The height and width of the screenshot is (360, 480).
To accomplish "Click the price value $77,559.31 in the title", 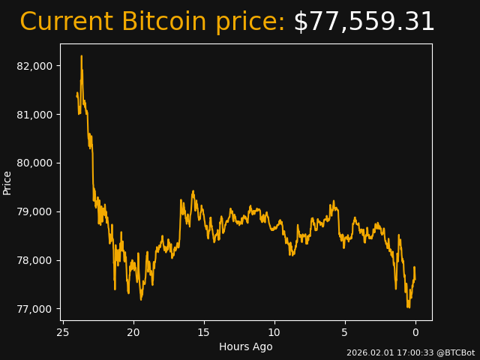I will [x=364, y=22].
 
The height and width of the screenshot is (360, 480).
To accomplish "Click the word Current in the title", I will [x=66, y=22].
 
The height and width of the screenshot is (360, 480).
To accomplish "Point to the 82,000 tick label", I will [x=34, y=66].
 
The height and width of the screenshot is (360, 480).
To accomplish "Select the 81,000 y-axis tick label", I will [x=34, y=115].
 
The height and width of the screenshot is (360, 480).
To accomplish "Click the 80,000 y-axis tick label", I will [x=34, y=163].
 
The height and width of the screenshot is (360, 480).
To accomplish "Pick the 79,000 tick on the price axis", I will [x=34, y=212].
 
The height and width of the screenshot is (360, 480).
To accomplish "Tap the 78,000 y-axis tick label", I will [x=34, y=261].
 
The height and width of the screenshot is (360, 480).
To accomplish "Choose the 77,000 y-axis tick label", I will [x=34, y=309].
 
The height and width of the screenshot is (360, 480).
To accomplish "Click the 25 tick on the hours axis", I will [x=63, y=332].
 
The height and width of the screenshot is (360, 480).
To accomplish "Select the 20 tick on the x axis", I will [x=133, y=332].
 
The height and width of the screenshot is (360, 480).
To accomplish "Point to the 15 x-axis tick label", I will [x=204, y=332].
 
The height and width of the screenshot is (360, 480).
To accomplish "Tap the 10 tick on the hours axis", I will [x=274, y=332].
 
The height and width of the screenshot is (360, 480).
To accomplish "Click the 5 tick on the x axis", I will [x=345, y=332].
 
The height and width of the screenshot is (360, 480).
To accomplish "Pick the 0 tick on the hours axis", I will [x=415, y=332].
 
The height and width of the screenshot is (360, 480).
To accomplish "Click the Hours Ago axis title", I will [x=246, y=346].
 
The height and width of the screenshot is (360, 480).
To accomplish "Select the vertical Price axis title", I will [x=7, y=182].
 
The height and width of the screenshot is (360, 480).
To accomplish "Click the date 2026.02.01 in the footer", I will [x=368, y=352].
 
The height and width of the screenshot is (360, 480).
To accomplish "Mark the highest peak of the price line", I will [x=81, y=56].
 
